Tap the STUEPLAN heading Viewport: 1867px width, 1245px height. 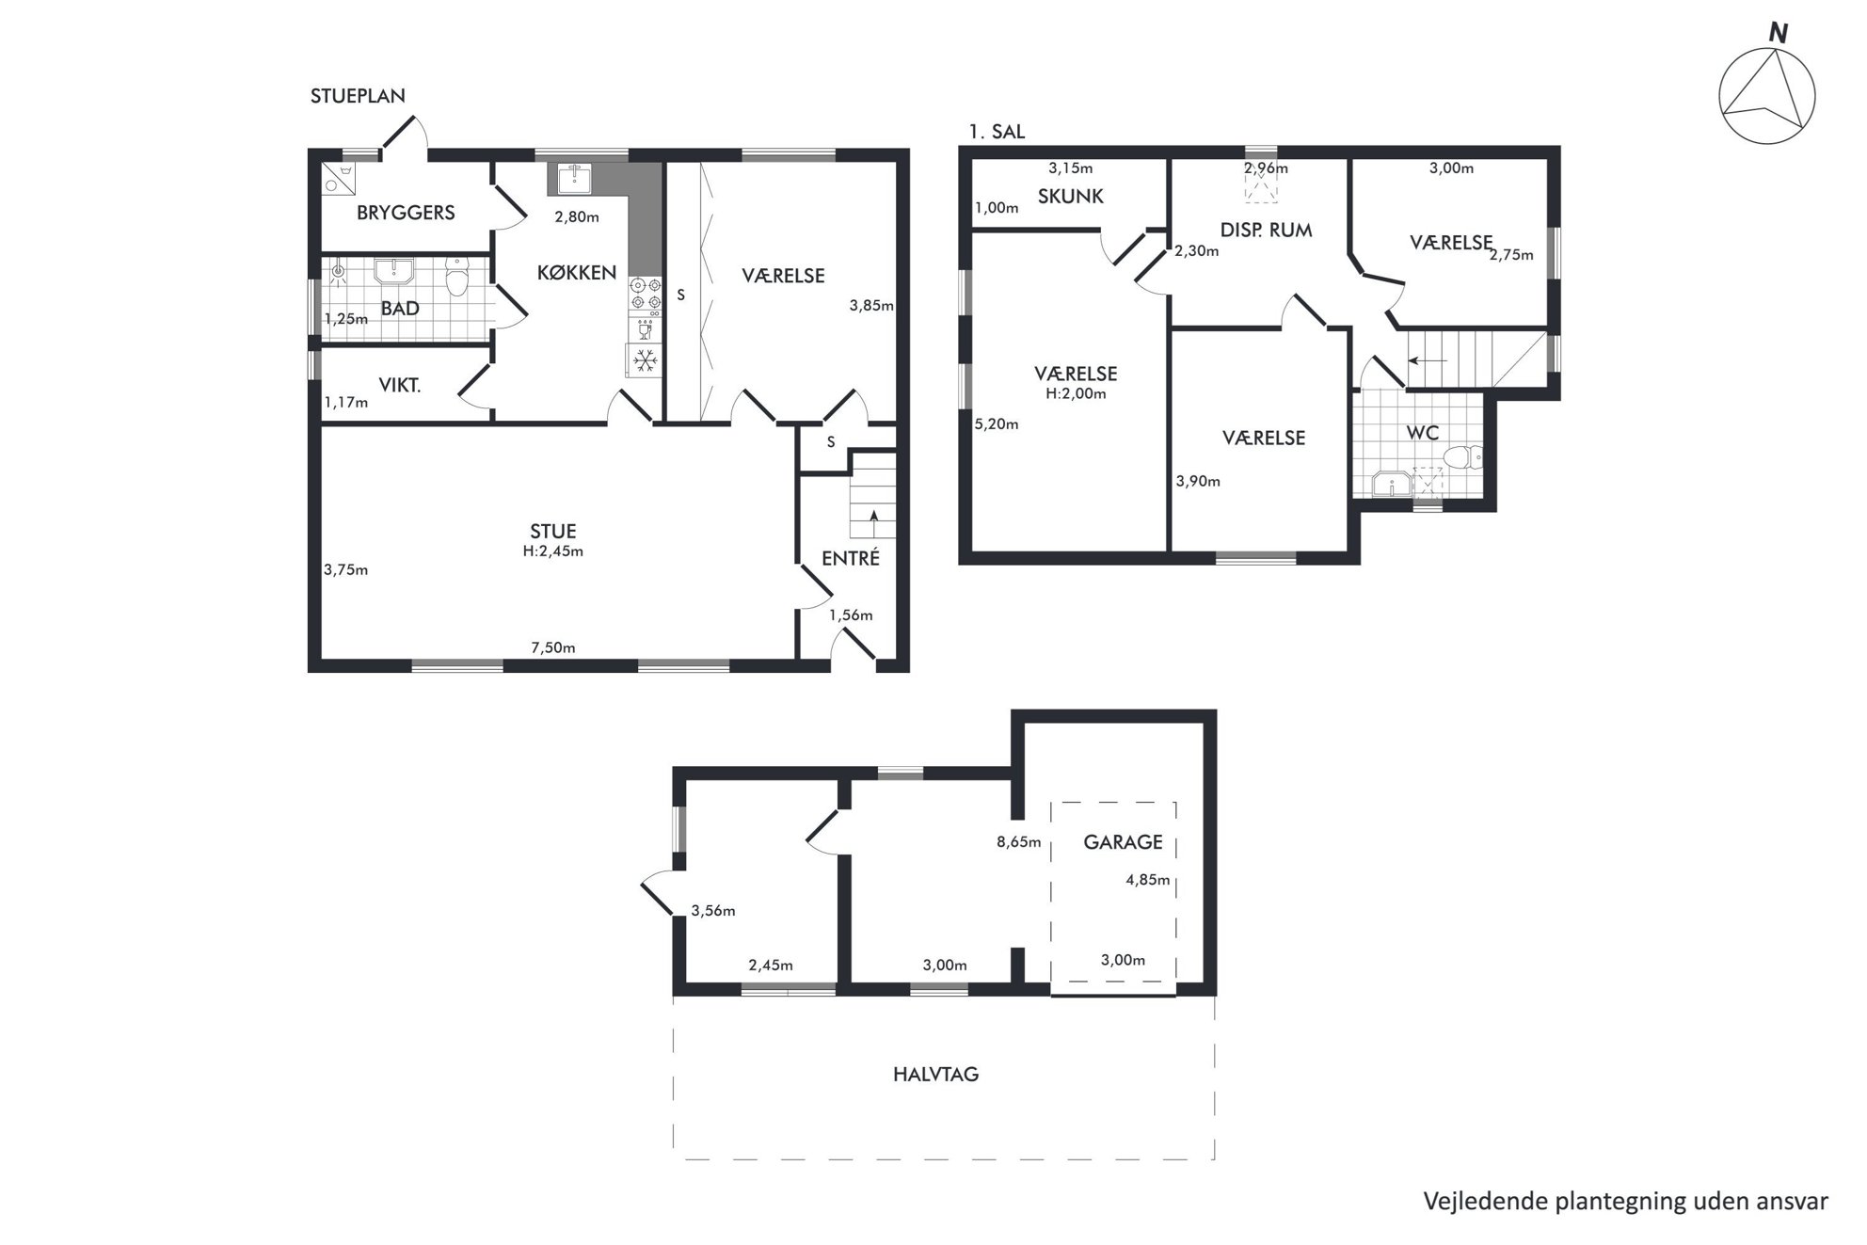pos(358,95)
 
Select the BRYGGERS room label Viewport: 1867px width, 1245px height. pos(406,213)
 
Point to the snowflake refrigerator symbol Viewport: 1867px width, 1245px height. pos(645,360)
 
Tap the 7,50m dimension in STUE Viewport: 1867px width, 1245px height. pos(553,647)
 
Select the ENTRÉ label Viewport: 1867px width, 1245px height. pos(851,558)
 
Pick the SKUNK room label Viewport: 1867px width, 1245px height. pos(1071,197)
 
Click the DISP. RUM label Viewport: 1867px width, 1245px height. pos(1266,231)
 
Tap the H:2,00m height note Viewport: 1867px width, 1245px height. pos(1076,394)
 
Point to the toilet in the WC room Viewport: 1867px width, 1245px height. pos(1461,458)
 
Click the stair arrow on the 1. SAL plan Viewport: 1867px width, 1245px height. pos(1428,359)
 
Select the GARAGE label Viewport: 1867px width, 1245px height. pos(1123,842)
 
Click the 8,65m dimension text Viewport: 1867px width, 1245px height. pos(1019,842)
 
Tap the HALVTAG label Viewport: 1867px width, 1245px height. pos(936,1074)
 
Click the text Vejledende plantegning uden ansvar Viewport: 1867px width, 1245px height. pos(1626,1202)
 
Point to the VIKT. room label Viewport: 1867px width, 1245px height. pos(400,384)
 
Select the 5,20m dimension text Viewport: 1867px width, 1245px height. pos(997,424)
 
